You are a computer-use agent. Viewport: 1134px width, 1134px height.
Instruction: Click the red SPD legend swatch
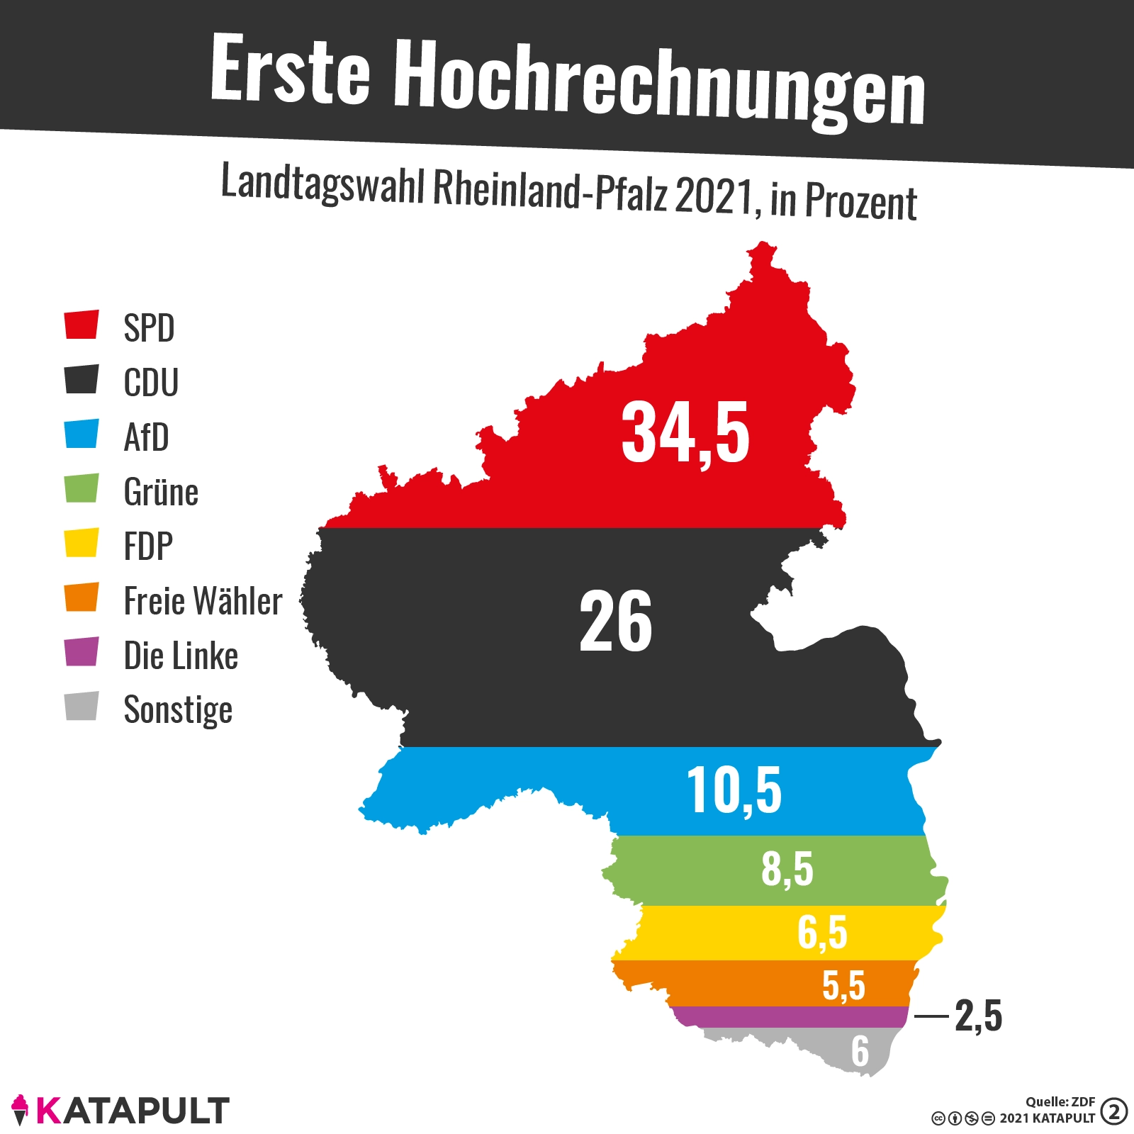click(82, 325)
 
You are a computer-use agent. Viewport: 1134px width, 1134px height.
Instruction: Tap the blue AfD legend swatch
click(82, 434)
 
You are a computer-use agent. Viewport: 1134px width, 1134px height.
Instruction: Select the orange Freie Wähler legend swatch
click(82, 597)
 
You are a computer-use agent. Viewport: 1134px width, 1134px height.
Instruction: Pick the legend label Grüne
click(161, 492)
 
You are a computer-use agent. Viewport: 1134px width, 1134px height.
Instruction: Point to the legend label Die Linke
click(181, 656)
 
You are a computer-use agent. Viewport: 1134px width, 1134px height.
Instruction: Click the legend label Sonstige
click(178, 709)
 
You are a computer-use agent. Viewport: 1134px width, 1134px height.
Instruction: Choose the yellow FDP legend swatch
click(82, 543)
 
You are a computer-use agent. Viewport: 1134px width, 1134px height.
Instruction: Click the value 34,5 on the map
click(685, 433)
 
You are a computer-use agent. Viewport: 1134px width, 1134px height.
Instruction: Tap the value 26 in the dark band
click(615, 622)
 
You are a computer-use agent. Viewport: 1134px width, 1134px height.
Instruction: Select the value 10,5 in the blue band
click(734, 791)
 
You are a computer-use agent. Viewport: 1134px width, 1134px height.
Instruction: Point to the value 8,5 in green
click(787, 869)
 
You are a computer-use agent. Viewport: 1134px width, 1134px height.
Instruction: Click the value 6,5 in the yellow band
click(822, 932)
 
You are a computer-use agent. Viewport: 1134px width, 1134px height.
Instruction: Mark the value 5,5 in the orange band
click(844, 985)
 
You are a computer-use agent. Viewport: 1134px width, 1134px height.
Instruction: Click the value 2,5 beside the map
click(979, 1016)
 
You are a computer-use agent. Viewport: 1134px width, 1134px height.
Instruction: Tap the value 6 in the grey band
click(860, 1051)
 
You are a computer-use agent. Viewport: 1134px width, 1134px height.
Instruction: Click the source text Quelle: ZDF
click(1060, 1101)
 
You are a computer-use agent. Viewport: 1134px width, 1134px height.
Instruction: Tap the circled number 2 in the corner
click(1113, 1111)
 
